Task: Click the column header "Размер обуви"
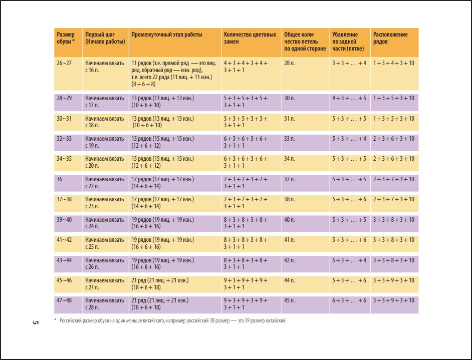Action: click(66, 38)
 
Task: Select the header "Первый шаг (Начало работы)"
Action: click(105, 38)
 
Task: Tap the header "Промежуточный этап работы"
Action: click(166, 35)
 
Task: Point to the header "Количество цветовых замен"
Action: click(250, 38)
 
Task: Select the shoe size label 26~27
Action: click(64, 63)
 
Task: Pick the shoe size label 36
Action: click(61, 179)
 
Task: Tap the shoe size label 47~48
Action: click(64, 300)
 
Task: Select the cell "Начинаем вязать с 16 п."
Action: click(104, 67)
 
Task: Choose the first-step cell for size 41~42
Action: click(104, 243)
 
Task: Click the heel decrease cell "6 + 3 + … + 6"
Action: click(349, 300)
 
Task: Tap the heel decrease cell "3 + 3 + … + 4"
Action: click(349, 63)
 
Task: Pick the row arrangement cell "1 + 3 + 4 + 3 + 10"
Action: click(393, 63)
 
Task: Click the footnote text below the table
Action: click(170, 320)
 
